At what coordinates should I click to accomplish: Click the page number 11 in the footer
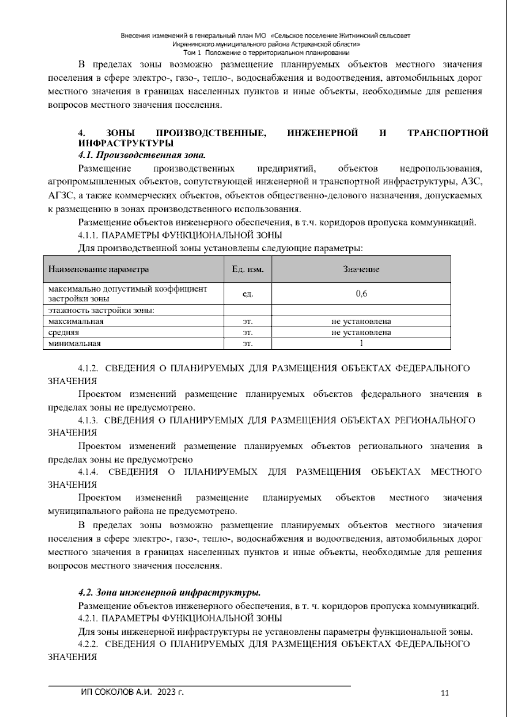tap(444, 693)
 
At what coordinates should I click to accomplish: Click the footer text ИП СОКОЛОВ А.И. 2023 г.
tap(132, 692)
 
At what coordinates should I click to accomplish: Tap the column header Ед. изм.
tap(248, 269)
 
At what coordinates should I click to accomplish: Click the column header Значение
tap(361, 269)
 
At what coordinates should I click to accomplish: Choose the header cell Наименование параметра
tap(99, 269)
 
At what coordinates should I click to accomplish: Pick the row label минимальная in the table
tap(75, 343)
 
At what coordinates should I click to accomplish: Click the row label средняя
tap(64, 332)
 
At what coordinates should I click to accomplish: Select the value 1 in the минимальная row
tap(361, 343)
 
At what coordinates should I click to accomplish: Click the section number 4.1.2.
tap(88, 368)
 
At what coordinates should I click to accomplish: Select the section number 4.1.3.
tap(88, 421)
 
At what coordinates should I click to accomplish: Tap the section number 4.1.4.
tap(88, 472)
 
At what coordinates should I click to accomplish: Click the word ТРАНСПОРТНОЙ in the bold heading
tap(448, 133)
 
